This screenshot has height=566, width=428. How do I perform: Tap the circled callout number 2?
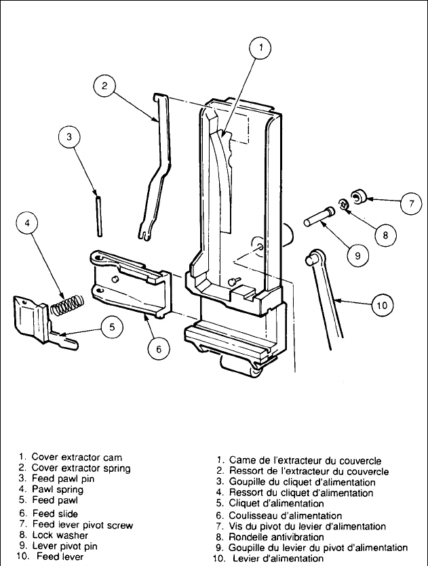coord(104,86)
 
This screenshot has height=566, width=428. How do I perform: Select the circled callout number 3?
coord(69,137)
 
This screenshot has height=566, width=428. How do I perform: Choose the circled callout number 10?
coord(382,306)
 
